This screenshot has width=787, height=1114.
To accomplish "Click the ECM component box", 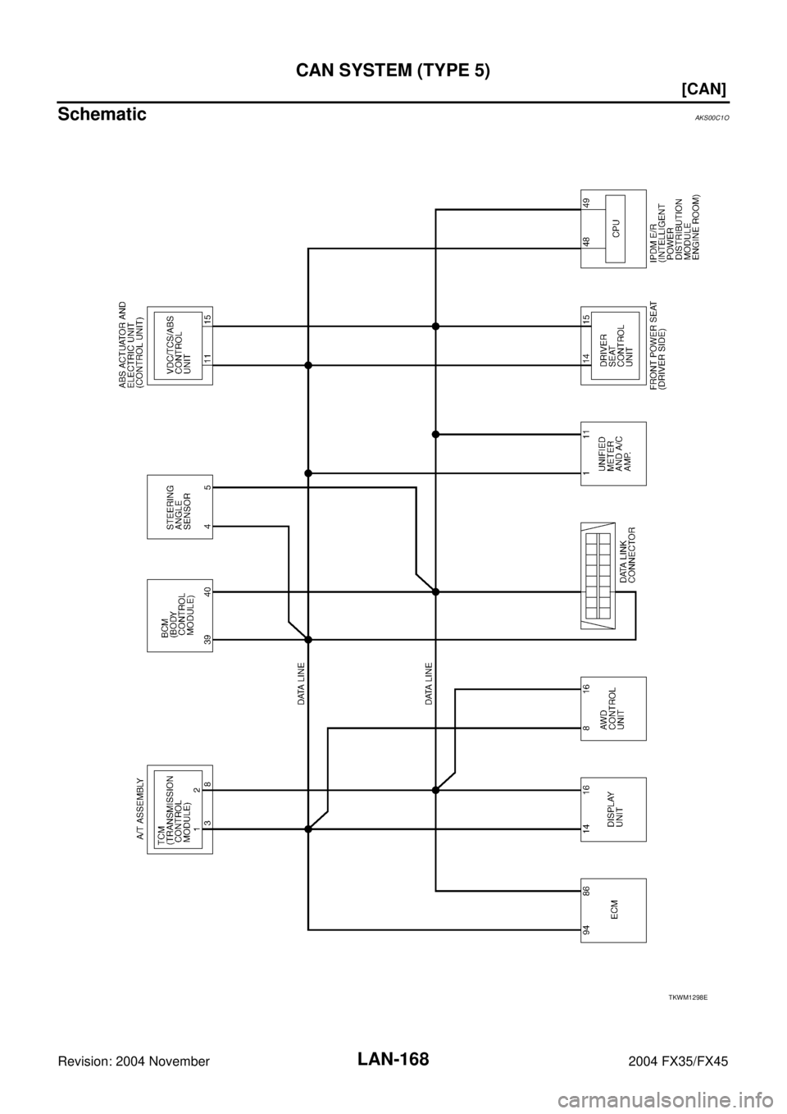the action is click(x=613, y=910).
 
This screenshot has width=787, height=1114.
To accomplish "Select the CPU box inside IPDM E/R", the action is click(x=615, y=229).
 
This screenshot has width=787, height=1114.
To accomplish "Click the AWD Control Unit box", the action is click(x=613, y=708).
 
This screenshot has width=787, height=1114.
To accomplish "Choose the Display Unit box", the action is click(x=613, y=809).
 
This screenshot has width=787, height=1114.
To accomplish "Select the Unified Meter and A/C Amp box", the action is click(x=613, y=454).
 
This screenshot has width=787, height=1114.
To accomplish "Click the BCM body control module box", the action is click(x=180, y=615).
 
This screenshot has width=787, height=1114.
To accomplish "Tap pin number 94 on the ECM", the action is click(x=586, y=929).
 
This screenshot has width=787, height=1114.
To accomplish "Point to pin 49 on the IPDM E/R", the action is click(x=586, y=203).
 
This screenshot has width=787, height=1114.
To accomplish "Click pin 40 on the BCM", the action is click(x=207, y=591).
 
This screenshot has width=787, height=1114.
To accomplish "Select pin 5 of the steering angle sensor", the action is click(x=207, y=488).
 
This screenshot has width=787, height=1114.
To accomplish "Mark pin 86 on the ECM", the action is click(x=586, y=891).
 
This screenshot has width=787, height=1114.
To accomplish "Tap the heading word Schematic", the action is click(x=102, y=114).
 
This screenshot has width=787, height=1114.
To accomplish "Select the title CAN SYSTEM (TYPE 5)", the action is click(x=393, y=71).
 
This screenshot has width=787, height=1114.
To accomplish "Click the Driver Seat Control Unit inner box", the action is click(x=615, y=345).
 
